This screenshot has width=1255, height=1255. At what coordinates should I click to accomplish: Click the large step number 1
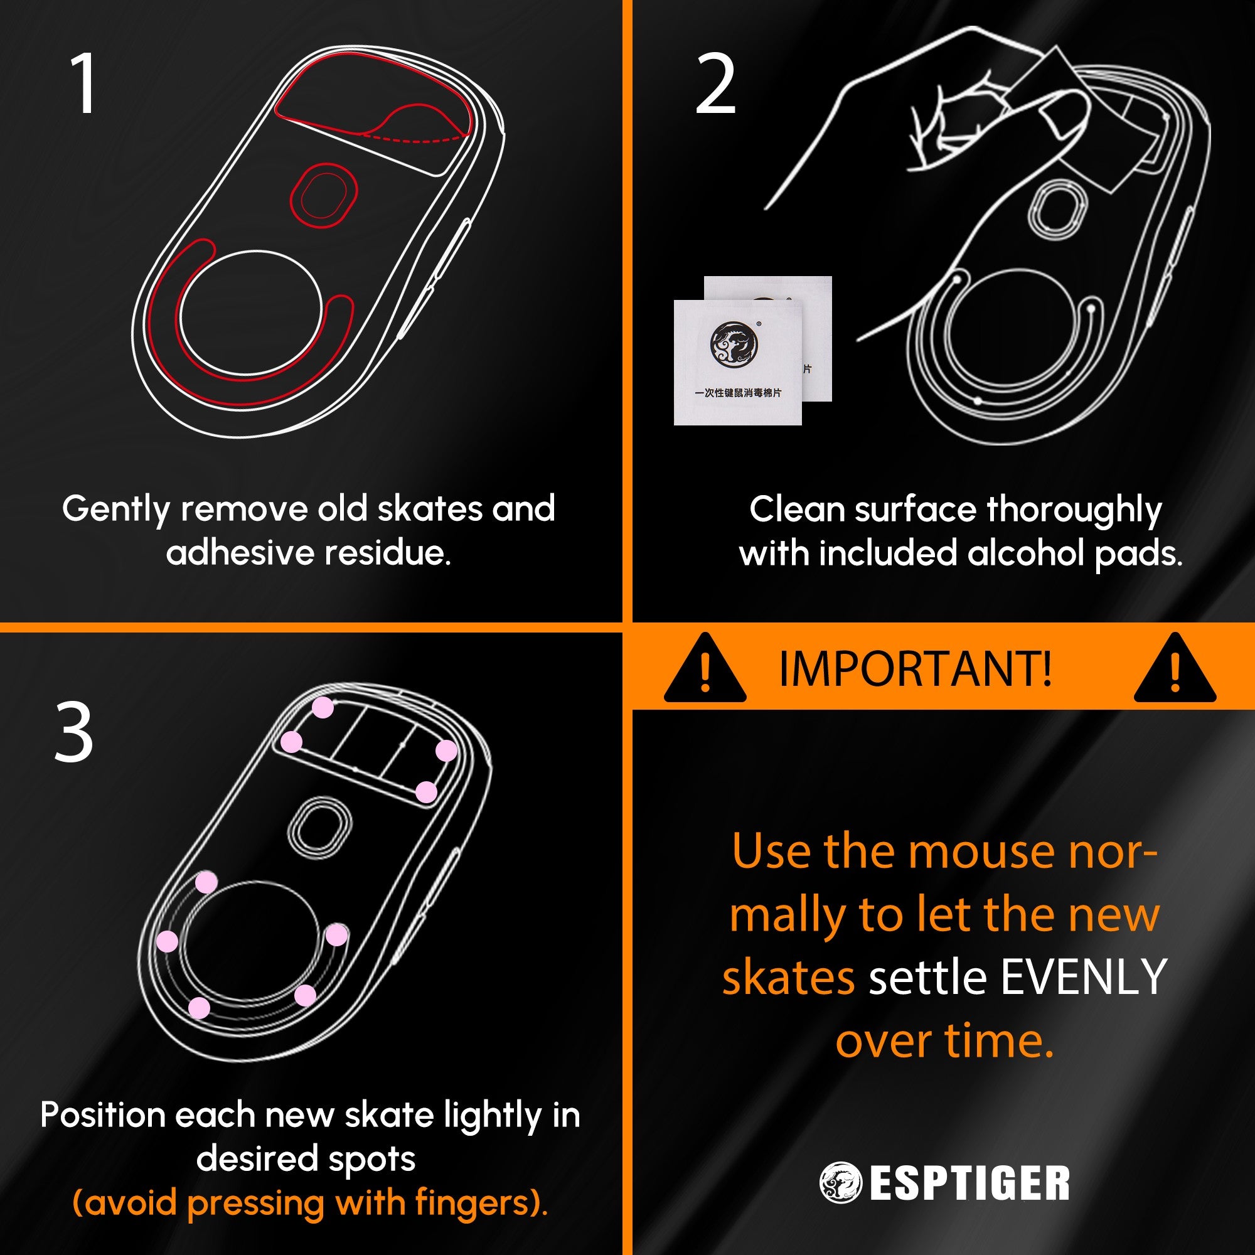pos(84,83)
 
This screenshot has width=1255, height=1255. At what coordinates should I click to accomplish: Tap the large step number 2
pos(715,85)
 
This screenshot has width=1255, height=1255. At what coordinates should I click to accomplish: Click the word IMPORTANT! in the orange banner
pos(916,669)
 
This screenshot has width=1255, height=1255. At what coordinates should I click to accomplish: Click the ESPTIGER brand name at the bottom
pos(969,1183)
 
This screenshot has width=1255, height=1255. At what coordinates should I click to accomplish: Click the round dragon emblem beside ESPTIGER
pos(840,1183)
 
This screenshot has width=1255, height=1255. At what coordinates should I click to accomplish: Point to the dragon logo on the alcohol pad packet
pos(734,344)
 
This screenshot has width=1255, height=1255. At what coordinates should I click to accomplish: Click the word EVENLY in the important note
pos(1084,978)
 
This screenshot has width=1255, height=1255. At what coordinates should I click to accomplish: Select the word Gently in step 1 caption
pos(115,510)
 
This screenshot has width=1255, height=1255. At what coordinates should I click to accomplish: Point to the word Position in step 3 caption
pos(103,1115)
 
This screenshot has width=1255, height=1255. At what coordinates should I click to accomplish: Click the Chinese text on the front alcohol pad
pos(737,393)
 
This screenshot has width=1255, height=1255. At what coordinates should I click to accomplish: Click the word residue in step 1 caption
pos(387,553)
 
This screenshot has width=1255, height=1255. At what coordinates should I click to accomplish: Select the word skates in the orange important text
pos(788,978)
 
